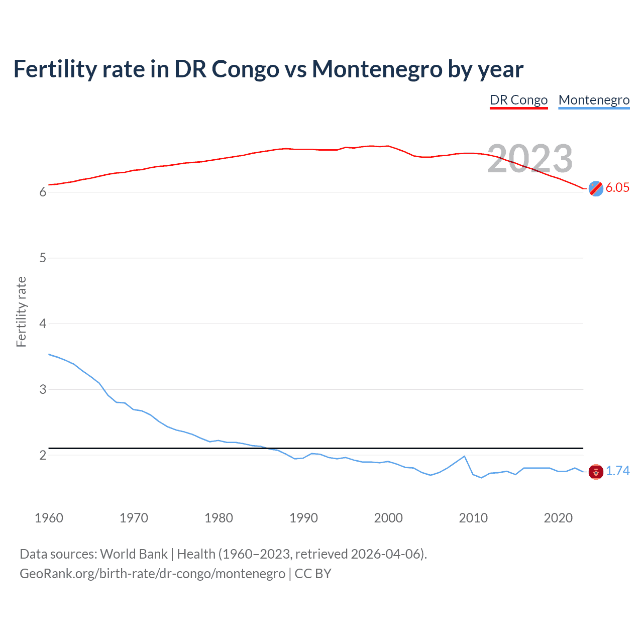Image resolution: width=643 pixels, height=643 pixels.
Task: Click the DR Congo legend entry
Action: [x=518, y=100]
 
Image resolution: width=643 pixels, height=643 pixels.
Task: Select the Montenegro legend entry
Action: [x=594, y=100]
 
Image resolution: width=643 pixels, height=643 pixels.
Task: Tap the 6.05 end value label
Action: [x=617, y=187]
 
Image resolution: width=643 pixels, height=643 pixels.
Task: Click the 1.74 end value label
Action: [x=617, y=471]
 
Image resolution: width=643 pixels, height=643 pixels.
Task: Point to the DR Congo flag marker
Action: [x=596, y=188]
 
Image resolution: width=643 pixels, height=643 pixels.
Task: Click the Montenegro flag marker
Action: [x=596, y=472]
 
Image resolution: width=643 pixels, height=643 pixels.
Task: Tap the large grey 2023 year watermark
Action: [x=530, y=159]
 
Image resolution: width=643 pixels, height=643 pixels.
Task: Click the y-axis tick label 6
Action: [x=43, y=192]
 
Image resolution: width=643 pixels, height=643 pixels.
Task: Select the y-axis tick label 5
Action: [x=43, y=258]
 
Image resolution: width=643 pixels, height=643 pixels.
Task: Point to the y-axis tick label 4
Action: [x=43, y=324]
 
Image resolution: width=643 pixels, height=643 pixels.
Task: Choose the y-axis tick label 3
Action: [x=43, y=389]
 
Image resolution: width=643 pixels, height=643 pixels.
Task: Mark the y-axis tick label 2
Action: [x=43, y=455]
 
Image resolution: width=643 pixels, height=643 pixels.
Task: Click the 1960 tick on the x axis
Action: [x=49, y=518]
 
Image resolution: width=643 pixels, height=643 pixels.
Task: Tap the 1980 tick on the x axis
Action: [x=219, y=518]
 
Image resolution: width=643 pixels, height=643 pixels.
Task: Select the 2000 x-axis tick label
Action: [x=388, y=518]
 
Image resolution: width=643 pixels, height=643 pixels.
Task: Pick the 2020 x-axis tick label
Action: [x=558, y=518]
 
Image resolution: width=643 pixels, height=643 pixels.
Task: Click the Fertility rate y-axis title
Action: [x=21, y=311]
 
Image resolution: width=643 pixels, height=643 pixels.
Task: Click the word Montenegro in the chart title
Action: [x=377, y=69]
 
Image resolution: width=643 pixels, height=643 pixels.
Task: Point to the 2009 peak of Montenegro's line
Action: [x=464, y=456]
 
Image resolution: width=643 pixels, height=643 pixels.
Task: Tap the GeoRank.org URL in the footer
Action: [x=152, y=574]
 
